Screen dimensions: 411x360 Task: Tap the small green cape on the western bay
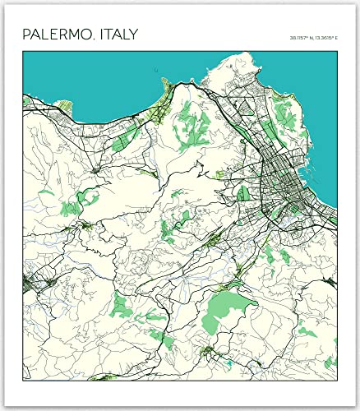click(x=25, y=100)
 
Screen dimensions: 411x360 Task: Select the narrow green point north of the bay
click(x=167, y=84)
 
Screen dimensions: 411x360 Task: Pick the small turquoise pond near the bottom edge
click(x=228, y=361)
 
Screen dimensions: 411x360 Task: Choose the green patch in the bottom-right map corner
click(x=329, y=362)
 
